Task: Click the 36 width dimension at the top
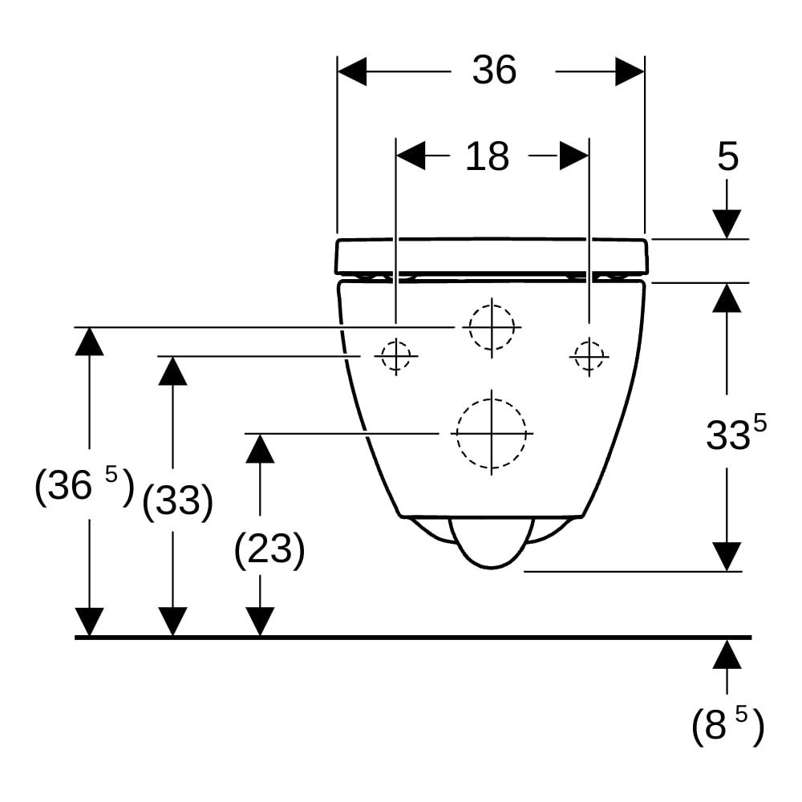(494, 70)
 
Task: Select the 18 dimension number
(487, 156)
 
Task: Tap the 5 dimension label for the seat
(728, 156)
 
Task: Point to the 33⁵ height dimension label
(736, 433)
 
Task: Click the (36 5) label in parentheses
(84, 485)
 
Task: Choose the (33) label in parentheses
(177, 500)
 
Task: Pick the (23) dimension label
(269, 549)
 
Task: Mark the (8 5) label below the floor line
(727, 724)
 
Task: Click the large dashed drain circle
(492, 433)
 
